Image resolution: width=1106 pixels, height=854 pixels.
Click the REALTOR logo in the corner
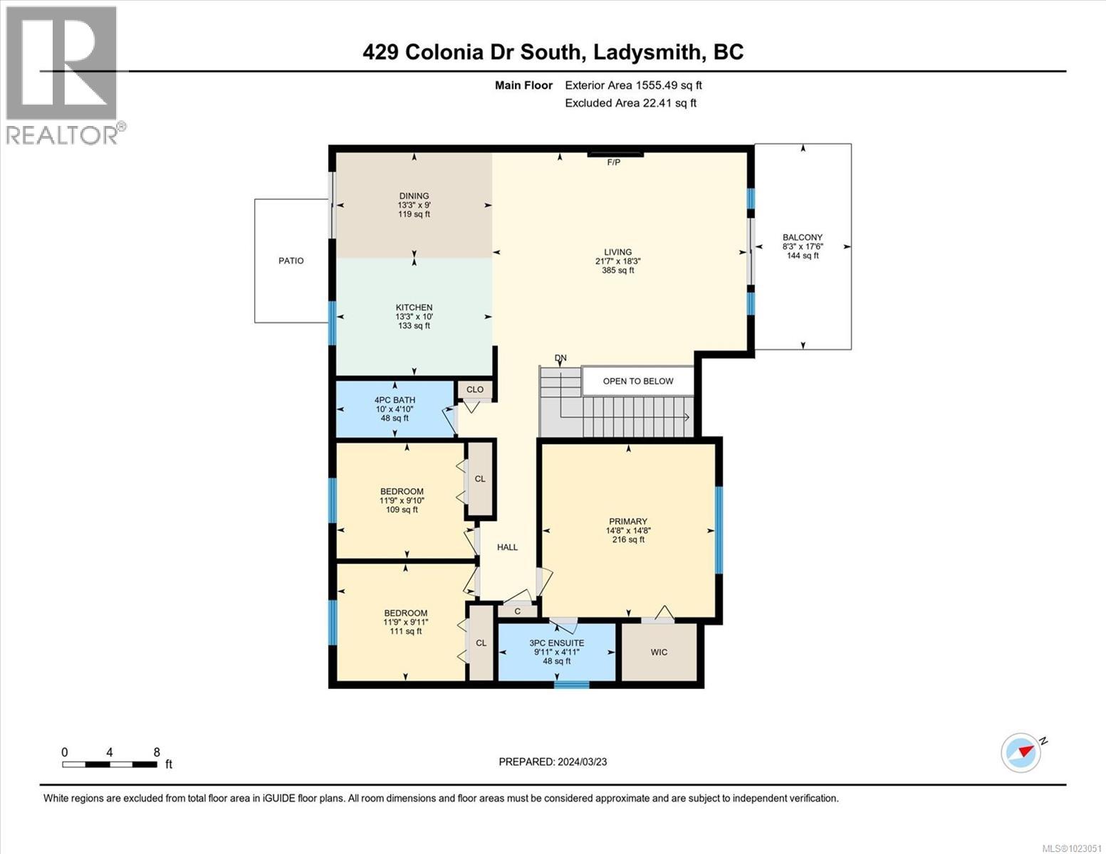[63, 75]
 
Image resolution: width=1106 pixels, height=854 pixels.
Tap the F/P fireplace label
[613, 162]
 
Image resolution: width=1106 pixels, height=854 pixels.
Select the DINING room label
[414, 196]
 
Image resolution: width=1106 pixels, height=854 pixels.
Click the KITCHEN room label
[414, 307]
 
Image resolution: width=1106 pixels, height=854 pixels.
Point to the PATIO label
[291, 260]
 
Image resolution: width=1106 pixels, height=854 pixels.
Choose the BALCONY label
[802, 238]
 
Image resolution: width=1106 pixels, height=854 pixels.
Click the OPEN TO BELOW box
[637, 381]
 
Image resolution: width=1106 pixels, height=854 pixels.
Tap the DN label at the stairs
[561, 358]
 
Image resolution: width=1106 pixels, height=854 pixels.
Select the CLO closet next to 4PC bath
[475, 389]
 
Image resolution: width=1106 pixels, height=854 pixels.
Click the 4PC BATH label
[395, 400]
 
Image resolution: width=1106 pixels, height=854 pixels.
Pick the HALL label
[507, 547]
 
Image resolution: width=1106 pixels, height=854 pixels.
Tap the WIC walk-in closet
[659, 652]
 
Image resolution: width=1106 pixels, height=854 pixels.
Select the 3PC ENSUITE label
[556, 643]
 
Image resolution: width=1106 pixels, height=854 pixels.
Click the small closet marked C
[517, 611]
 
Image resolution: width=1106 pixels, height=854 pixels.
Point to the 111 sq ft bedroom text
[405, 631]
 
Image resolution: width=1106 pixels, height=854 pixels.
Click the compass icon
[1021, 752]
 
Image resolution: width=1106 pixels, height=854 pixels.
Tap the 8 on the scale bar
[157, 752]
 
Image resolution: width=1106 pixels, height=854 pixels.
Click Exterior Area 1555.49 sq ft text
[633, 85]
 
